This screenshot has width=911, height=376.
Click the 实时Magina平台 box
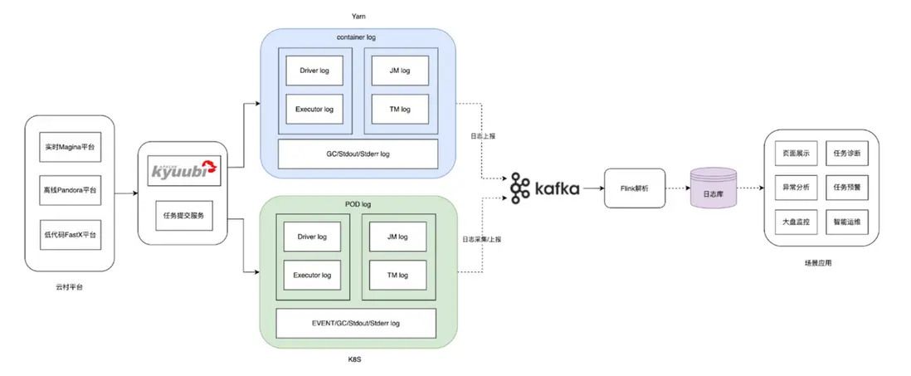(x=70, y=148)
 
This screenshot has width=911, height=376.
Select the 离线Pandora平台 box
(x=70, y=191)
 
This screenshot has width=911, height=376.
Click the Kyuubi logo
(x=182, y=172)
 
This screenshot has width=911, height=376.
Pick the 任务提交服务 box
(x=182, y=216)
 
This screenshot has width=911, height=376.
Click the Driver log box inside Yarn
(x=314, y=71)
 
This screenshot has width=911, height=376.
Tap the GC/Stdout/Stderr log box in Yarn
(x=357, y=154)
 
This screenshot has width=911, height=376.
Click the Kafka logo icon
(x=520, y=188)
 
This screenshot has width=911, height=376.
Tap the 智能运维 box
(x=845, y=223)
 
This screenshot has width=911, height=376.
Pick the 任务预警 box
(x=845, y=188)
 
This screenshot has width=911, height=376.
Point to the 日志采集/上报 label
(x=481, y=239)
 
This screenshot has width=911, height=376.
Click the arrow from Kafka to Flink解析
(x=592, y=188)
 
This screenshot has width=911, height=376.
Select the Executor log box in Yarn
(x=314, y=109)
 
